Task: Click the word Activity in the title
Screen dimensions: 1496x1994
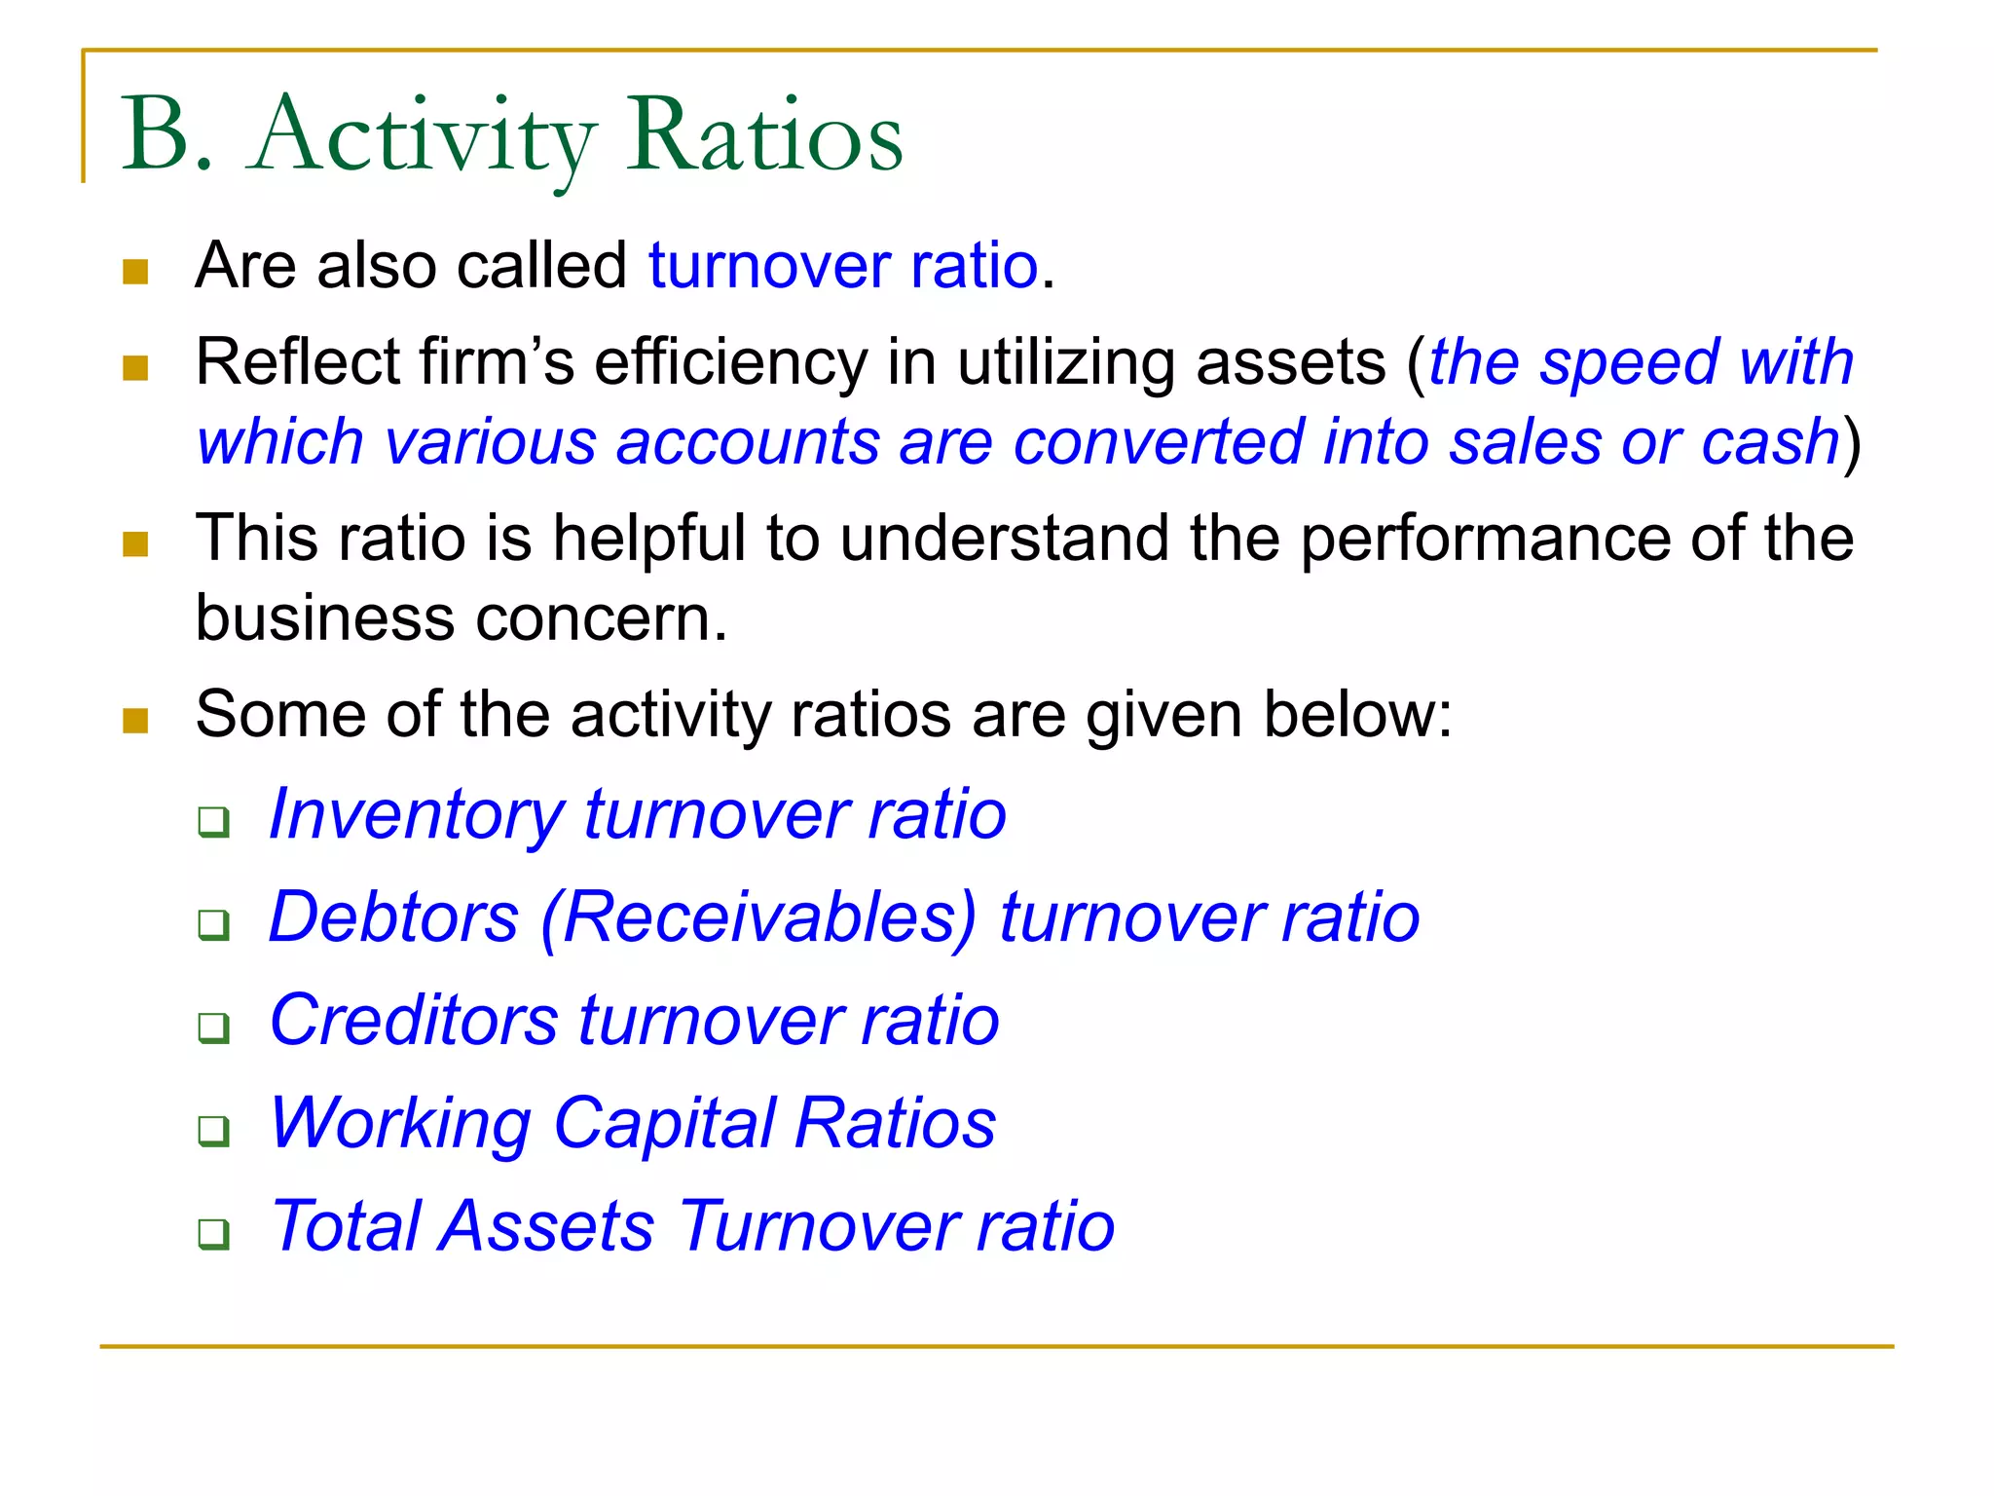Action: pyautogui.click(x=424, y=136)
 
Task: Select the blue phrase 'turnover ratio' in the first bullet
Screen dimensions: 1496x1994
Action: pyautogui.click(x=843, y=266)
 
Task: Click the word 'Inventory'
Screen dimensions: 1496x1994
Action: pyautogui.click(x=417, y=815)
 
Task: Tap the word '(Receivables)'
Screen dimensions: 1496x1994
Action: pyautogui.click(x=759, y=917)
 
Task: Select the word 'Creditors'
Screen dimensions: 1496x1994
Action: pyautogui.click(x=414, y=1021)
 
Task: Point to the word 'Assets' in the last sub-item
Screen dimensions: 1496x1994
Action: pyautogui.click(x=546, y=1226)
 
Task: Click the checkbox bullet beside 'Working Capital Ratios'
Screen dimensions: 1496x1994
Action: pyautogui.click(x=213, y=1131)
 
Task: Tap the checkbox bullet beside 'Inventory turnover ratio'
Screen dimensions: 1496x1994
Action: pyautogui.click(x=213, y=822)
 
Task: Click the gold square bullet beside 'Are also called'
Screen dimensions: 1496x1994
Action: pyautogui.click(x=136, y=272)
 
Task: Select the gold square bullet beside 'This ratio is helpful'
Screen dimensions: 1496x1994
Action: pyautogui.click(x=136, y=543)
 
